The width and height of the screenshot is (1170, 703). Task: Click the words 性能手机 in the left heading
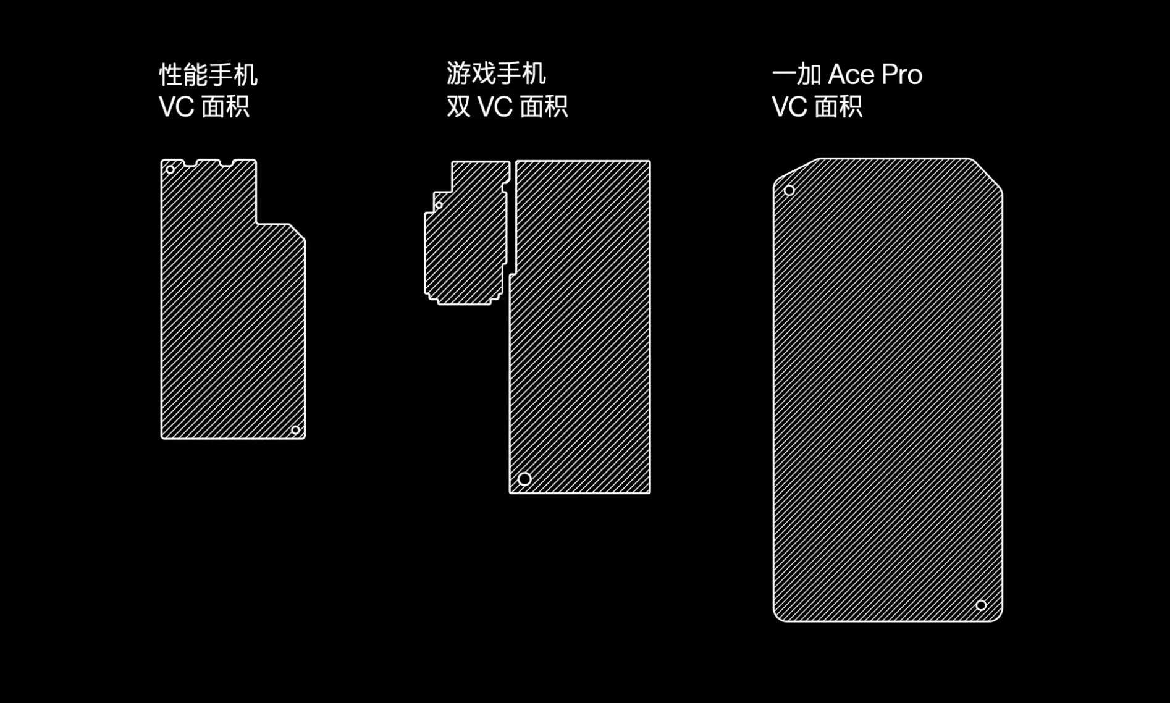(x=208, y=75)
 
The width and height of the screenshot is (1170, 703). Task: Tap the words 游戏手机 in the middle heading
(x=496, y=74)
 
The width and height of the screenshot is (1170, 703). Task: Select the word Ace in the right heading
(x=852, y=75)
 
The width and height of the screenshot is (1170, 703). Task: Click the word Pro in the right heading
(x=902, y=75)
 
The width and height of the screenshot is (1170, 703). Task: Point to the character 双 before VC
(x=458, y=106)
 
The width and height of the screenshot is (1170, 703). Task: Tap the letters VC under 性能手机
(x=177, y=107)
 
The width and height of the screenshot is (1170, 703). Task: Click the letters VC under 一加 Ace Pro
(x=789, y=107)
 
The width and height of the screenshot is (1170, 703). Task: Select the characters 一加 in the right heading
(x=797, y=75)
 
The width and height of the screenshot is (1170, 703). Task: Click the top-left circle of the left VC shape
(x=170, y=169)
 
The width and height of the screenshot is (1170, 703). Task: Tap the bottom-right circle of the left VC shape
(x=295, y=430)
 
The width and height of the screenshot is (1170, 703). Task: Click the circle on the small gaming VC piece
(x=439, y=205)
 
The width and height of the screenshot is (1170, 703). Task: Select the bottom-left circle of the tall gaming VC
(x=524, y=479)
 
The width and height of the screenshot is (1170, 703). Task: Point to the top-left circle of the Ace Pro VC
(x=789, y=190)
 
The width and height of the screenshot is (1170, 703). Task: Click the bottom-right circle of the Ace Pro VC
(x=981, y=605)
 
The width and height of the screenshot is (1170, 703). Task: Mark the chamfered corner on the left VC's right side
(x=297, y=232)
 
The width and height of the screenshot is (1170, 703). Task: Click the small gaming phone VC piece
(x=467, y=233)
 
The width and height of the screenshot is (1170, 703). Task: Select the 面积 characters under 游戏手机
(x=544, y=107)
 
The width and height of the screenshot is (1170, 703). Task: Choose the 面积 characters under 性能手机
(x=225, y=107)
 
